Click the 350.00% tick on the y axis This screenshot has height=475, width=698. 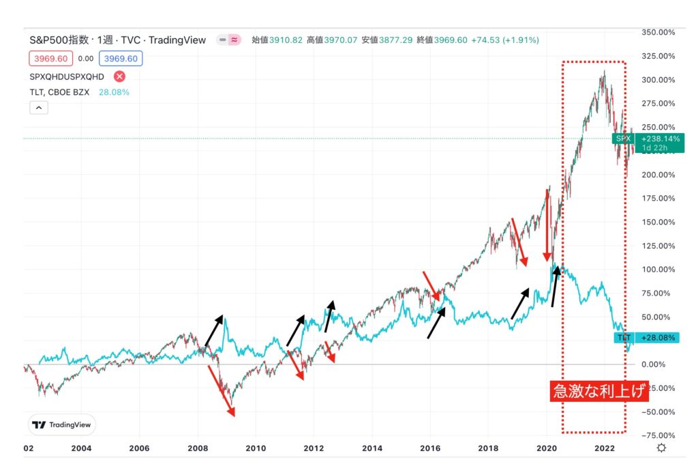tap(658, 32)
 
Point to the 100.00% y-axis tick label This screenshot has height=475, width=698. tap(658, 269)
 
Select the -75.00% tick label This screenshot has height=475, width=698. tap(658, 435)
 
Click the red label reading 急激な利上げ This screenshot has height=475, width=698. tap(598, 393)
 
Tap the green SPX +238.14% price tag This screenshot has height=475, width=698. tap(648, 143)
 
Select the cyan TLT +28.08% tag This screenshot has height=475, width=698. tap(648, 338)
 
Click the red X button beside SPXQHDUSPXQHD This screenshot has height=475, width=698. tap(119, 76)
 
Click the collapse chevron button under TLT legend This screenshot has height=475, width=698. tap(39, 108)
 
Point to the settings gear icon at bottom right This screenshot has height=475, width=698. tap(661, 448)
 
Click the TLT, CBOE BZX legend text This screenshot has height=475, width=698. tap(59, 92)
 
